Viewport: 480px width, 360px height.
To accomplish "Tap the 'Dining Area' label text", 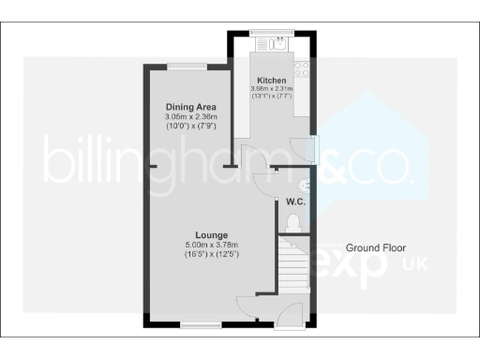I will [x=185, y=108].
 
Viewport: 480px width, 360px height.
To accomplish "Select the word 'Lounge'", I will [x=210, y=233].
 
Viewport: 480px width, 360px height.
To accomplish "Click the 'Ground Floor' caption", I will [x=374, y=247].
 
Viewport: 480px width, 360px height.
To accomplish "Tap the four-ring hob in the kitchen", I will [x=303, y=68].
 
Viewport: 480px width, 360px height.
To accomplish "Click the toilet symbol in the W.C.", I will [x=294, y=222].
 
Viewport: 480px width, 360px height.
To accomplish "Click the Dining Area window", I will [x=184, y=65].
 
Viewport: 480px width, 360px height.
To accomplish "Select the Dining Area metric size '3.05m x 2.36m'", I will [x=185, y=118].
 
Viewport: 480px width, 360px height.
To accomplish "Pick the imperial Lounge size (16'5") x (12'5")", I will [x=210, y=254].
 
